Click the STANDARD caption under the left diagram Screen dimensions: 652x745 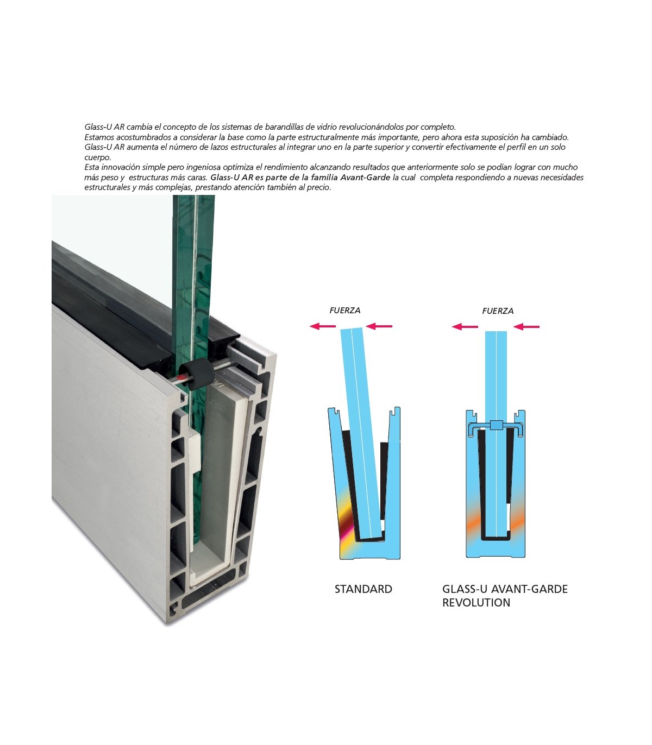[x=363, y=589]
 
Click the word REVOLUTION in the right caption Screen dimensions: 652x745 [x=476, y=603]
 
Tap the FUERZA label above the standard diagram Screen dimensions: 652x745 [x=344, y=310]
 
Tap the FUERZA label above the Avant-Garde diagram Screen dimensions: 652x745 [x=498, y=311]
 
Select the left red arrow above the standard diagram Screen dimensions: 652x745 [x=323, y=326]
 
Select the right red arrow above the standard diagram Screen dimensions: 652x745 [x=379, y=326]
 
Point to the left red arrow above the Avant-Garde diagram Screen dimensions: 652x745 [x=465, y=327]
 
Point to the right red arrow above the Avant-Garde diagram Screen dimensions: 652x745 [x=526, y=327]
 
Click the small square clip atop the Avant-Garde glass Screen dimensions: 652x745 [x=496, y=425]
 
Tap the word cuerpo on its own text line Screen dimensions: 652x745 [x=98, y=157]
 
